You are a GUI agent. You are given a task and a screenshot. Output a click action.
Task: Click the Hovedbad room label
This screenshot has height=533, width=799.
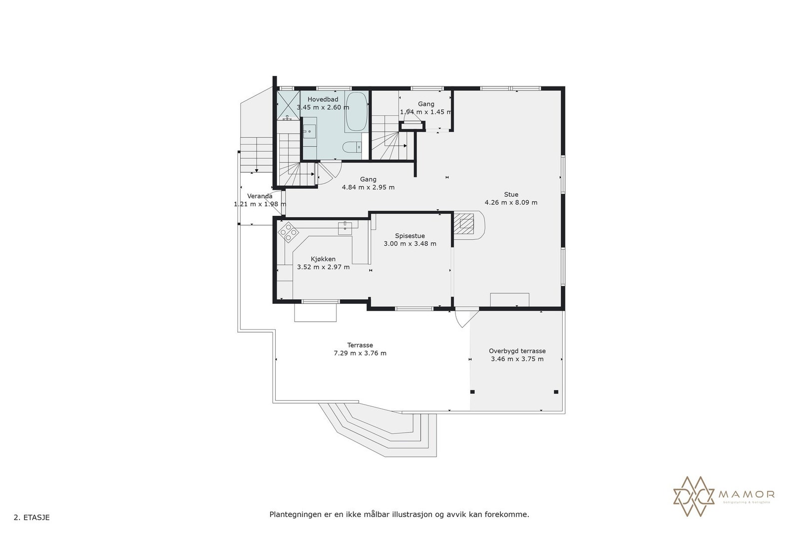coord(323,99)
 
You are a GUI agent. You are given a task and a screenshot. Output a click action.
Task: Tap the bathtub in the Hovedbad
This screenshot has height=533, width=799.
coord(356,112)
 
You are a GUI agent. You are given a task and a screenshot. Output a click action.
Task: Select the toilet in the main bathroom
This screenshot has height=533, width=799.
coord(352,147)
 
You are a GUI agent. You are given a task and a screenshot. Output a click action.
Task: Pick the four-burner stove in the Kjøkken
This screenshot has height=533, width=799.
coord(288,232)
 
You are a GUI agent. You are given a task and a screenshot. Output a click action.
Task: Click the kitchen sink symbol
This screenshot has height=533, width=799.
coord(345,228)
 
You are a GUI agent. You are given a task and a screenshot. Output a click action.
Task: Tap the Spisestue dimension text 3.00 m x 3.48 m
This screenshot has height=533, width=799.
coord(409,244)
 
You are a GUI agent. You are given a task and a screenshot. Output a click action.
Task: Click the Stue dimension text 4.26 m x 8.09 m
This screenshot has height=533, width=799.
coord(511,202)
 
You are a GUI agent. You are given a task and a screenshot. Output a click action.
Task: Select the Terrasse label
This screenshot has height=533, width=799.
coord(360,345)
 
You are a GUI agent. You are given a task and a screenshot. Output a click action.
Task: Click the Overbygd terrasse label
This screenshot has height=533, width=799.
coord(517,351)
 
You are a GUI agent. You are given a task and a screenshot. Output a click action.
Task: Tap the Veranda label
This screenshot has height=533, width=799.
coord(260,196)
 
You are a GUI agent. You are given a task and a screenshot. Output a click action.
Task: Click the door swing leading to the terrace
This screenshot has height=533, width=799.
coord(463,319)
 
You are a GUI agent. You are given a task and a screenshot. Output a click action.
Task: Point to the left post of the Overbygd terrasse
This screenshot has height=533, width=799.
coord(473,392)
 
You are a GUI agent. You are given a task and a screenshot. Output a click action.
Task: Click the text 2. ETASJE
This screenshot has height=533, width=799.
coord(31,518)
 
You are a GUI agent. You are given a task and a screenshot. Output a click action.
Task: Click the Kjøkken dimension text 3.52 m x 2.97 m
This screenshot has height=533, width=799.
coord(323,267)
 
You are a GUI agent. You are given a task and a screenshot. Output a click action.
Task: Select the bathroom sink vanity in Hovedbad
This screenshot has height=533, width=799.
coord(310,131)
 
